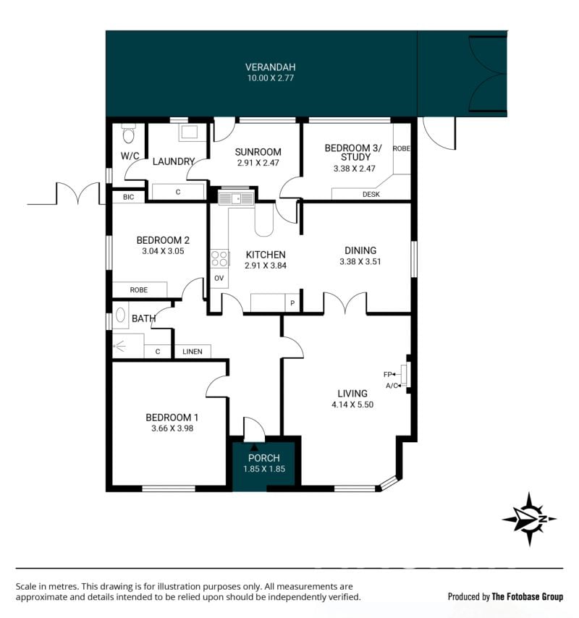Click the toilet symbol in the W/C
[x=128, y=134]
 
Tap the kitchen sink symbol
[x=236, y=198]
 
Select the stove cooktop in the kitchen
[x=219, y=259]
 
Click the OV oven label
[x=219, y=279]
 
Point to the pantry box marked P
[x=292, y=303]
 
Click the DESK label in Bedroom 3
[x=371, y=195]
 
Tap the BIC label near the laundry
[x=129, y=197]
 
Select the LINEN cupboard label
[x=193, y=352]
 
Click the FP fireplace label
[x=387, y=374]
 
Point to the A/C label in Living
[x=392, y=386]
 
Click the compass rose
[x=530, y=519]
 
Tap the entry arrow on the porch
[x=254, y=447]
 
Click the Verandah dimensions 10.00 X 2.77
[x=271, y=78]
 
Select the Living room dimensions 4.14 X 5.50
[x=352, y=405]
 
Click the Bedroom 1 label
[x=172, y=418]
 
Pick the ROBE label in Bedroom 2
[x=139, y=290]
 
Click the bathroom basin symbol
[x=121, y=316]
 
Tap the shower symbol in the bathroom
[x=119, y=347]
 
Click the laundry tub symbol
[x=189, y=132]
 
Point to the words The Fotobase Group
[x=528, y=597]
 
